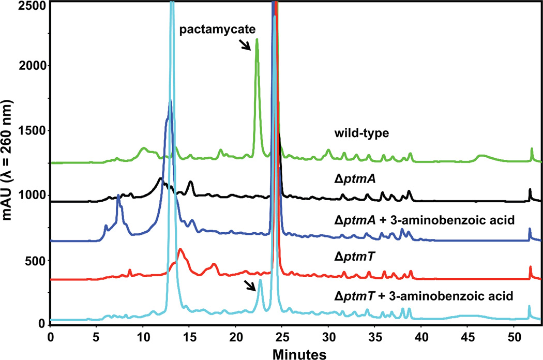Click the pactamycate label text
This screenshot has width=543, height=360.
pyautogui.click(x=218, y=30)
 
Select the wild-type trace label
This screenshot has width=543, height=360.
pyautogui.click(x=360, y=133)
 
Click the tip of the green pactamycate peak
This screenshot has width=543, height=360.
pyautogui.click(x=257, y=39)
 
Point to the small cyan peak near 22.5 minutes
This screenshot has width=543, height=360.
pyautogui.click(x=260, y=280)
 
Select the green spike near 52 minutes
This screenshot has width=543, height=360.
pyautogui.click(x=532, y=149)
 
